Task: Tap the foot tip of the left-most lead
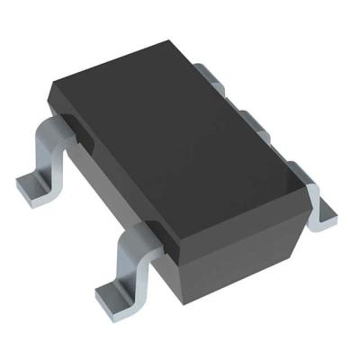[x=34, y=186]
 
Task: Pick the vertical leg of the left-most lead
[x=45, y=157]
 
